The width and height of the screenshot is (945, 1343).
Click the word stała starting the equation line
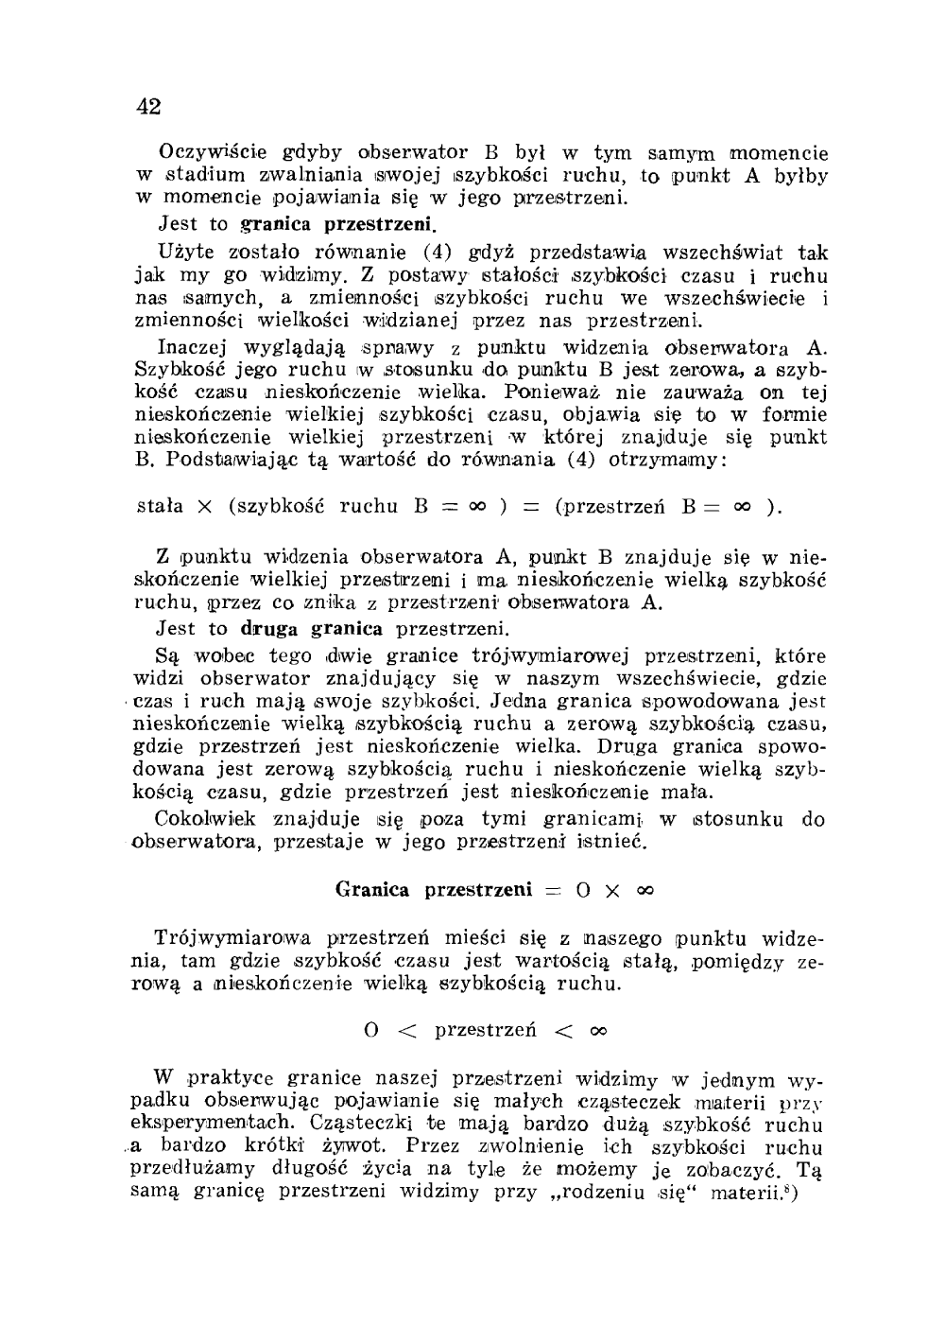[162, 506]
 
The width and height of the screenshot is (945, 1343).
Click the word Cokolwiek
[198, 819]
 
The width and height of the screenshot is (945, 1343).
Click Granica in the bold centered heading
[372, 890]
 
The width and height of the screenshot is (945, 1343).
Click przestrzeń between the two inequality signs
[486, 1030]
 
